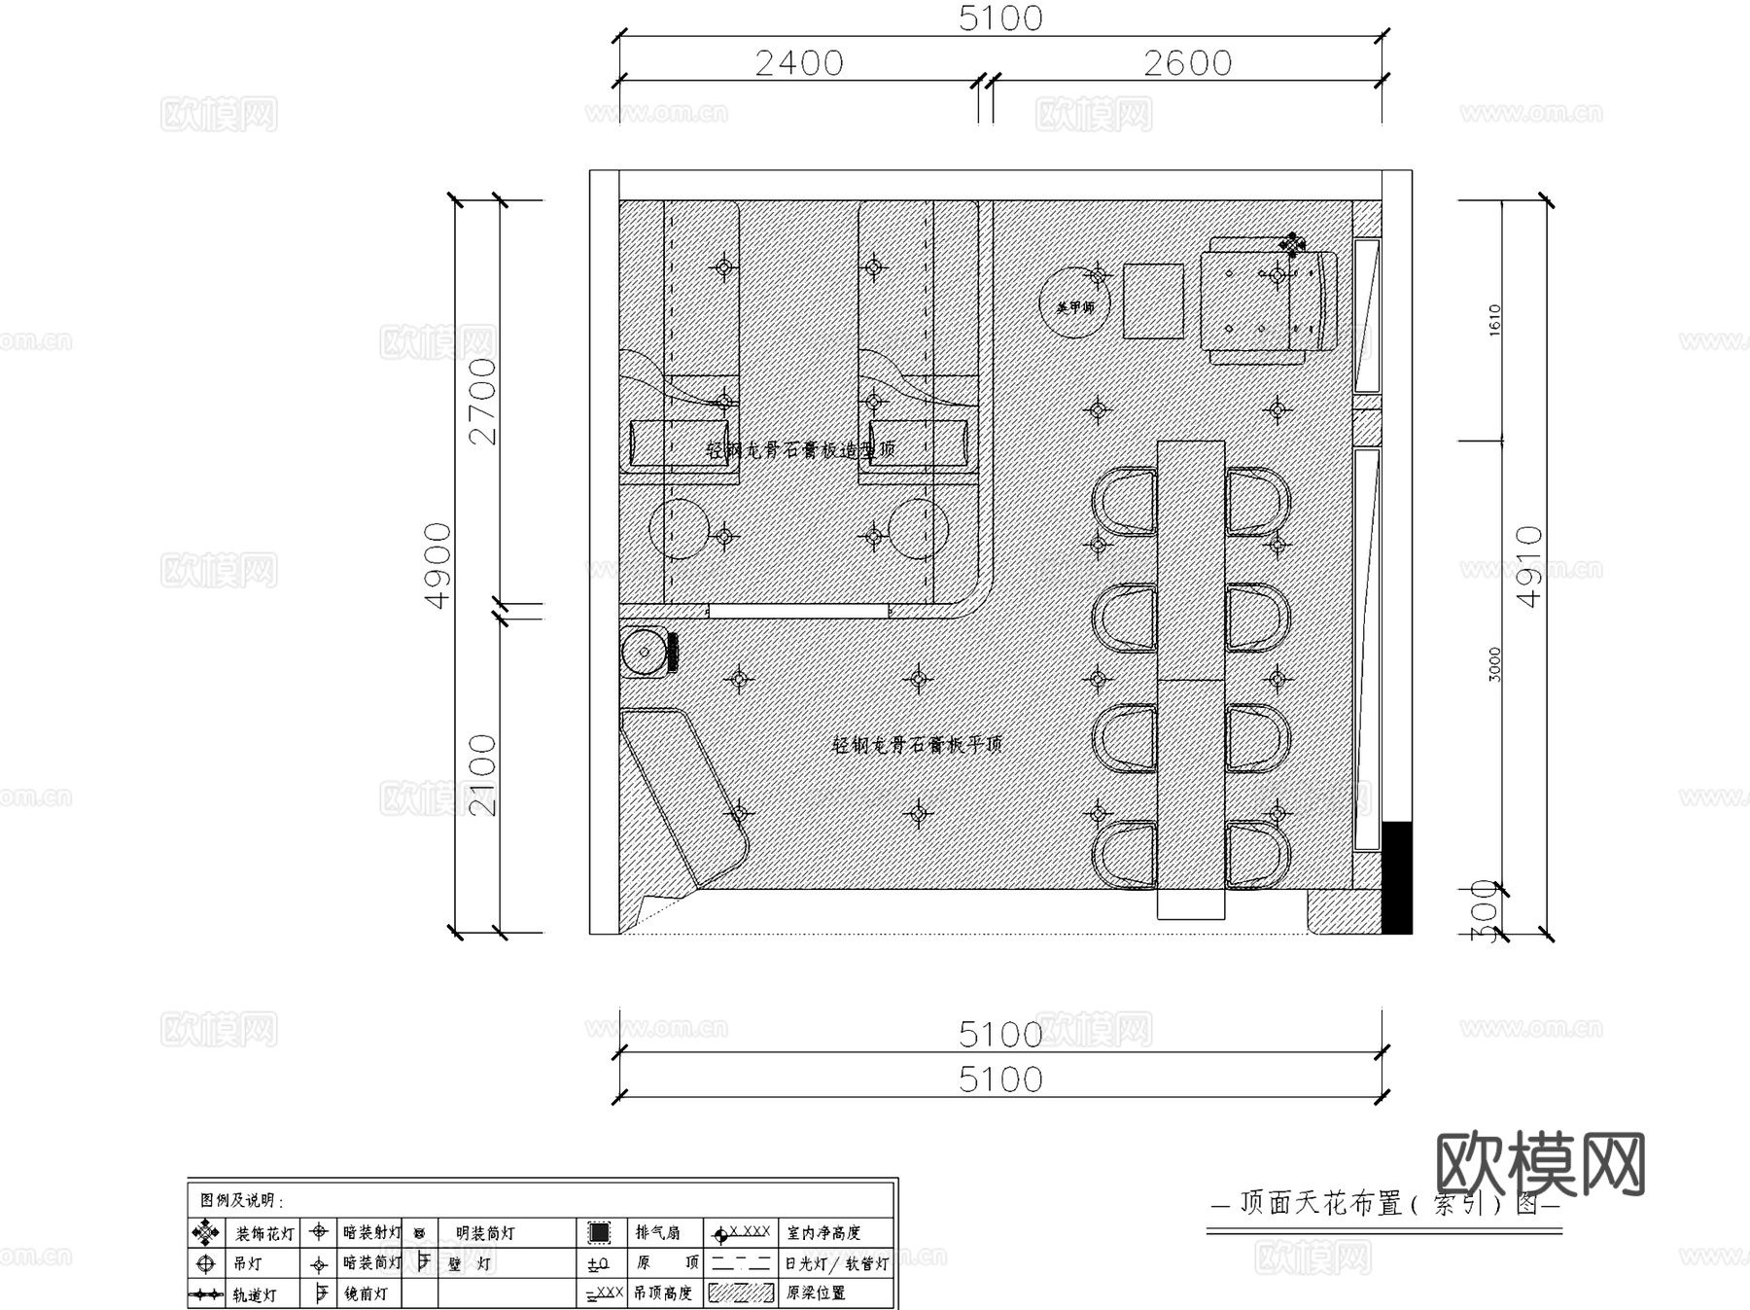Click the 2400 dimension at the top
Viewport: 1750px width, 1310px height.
coord(799,63)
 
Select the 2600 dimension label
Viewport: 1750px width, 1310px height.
coord(1187,63)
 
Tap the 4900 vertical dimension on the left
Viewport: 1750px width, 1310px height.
coord(439,566)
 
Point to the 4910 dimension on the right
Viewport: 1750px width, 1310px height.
coord(1530,566)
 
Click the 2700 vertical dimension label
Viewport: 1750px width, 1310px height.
coord(483,401)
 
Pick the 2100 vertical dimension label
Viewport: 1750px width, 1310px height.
coord(483,775)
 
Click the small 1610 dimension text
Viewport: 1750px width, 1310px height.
coord(1495,320)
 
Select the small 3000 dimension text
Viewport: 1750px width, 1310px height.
coord(1495,664)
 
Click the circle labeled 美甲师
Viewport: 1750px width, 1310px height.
coord(1074,303)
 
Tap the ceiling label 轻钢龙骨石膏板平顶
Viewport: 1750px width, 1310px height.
coord(917,744)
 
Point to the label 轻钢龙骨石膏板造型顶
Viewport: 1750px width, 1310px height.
coord(800,450)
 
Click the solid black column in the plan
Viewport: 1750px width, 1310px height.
coord(1397,877)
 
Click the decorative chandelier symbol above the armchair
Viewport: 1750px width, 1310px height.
coord(1292,243)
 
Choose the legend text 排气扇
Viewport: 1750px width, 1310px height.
coord(658,1233)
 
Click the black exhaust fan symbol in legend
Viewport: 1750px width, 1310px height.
coord(599,1233)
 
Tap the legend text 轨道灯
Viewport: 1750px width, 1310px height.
coord(254,1295)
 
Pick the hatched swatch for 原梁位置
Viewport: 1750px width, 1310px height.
coord(741,1293)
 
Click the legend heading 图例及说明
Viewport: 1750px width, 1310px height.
coord(242,1201)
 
